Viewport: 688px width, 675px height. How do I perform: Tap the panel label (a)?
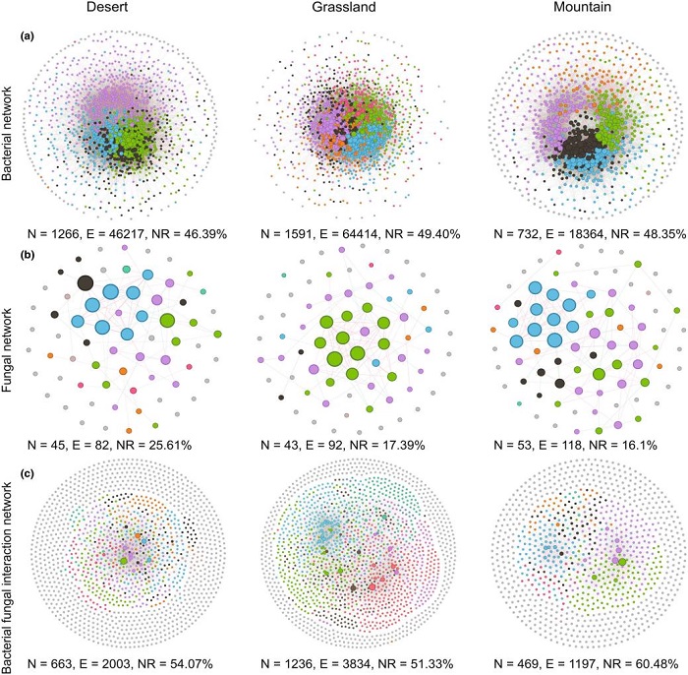[x=29, y=36]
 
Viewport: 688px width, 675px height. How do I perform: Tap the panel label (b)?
[x=29, y=253]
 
